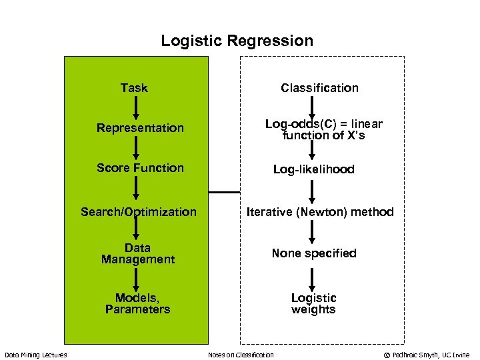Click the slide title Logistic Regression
point(237,41)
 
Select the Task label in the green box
point(134,88)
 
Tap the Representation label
point(140,128)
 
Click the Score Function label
point(140,168)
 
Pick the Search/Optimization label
point(139,212)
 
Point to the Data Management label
point(137,254)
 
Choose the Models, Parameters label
point(137,303)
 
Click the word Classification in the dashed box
point(319,88)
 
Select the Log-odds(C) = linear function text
point(323,130)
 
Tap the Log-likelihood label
point(313,170)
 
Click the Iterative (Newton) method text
point(320,212)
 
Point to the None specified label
point(313,253)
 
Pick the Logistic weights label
point(313,303)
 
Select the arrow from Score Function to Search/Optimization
point(135,189)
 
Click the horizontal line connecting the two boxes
point(223,192)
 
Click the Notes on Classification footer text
point(241,355)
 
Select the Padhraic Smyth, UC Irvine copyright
point(427,355)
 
